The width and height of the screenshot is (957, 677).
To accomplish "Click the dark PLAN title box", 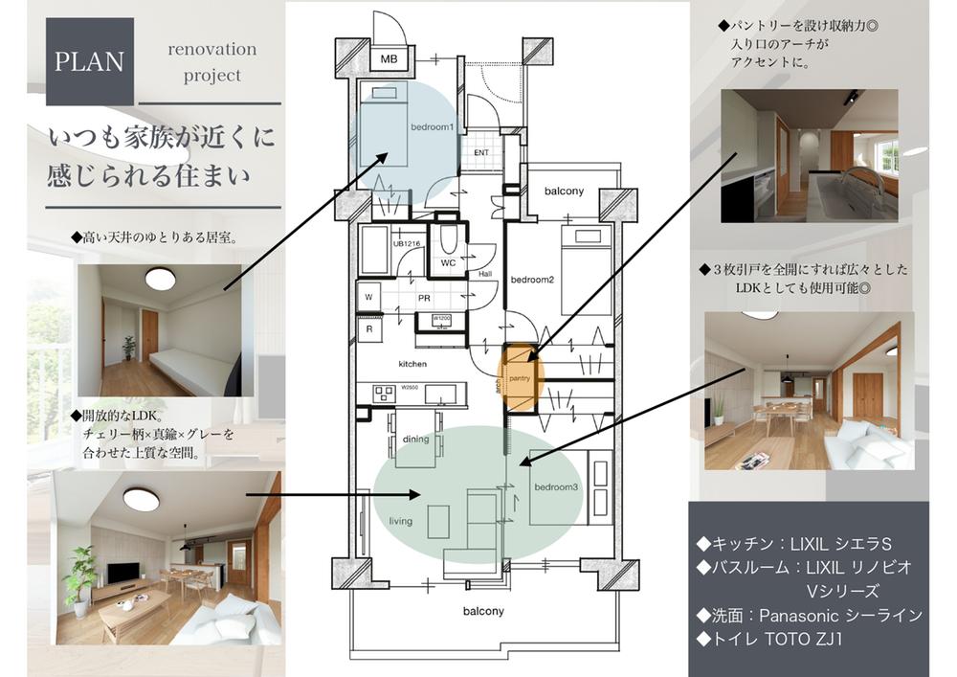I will (x=89, y=61).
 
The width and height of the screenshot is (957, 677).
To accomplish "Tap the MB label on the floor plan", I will (x=389, y=59).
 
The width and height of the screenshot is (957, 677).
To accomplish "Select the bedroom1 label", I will (x=432, y=128).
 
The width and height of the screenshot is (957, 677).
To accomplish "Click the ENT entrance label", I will (x=480, y=153).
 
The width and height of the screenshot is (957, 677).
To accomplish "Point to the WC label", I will (x=447, y=261).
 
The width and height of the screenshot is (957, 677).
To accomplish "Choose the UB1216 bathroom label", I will (x=406, y=244).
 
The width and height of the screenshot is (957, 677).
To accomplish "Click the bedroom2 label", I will (x=532, y=280).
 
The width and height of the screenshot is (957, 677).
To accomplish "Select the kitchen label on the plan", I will (x=412, y=364).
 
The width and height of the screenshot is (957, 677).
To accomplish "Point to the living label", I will (x=400, y=522).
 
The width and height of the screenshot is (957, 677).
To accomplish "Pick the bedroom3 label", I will (x=557, y=487).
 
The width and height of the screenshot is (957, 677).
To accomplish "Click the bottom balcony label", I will (x=483, y=610).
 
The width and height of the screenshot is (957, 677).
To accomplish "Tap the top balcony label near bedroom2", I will (x=564, y=192).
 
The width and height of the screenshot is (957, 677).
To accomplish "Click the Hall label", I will (x=485, y=273).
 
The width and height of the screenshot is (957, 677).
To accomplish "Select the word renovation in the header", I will (x=212, y=49).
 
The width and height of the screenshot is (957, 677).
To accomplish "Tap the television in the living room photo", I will (x=122, y=573).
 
